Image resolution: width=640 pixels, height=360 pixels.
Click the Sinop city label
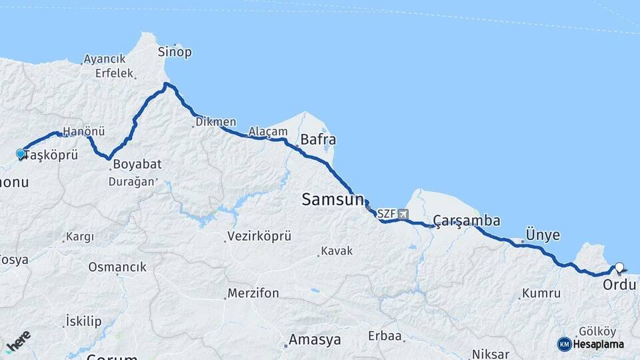click(x=175, y=52)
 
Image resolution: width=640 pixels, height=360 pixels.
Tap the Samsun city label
click(x=333, y=199)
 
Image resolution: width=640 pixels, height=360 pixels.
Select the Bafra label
click(x=318, y=140)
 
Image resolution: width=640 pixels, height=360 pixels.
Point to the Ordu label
click(x=619, y=285)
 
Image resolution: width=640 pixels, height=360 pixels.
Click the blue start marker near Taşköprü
click(x=21, y=155)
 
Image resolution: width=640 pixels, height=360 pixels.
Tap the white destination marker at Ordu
click(x=619, y=268)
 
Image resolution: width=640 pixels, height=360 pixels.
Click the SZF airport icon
click(x=403, y=215)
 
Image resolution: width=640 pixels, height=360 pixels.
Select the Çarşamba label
click(x=467, y=221)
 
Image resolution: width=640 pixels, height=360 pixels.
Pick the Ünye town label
click(x=543, y=235)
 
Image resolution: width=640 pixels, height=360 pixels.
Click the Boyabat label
click(x=137, y=164)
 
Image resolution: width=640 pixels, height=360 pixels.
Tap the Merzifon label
click(x=253, y=293)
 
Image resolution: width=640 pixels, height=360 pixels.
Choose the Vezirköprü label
click(x=259, y=236)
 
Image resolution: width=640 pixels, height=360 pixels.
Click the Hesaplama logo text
click(x=598, y=345)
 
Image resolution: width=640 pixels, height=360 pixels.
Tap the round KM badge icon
click(x=565, y=345)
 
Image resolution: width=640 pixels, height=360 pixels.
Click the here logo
click(x=18, y=342)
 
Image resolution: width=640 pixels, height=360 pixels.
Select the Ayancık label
click(x=105, y=59)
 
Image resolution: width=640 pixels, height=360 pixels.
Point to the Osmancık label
click(x=117, y=267)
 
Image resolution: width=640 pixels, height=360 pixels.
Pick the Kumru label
click(x=541, y=293)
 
